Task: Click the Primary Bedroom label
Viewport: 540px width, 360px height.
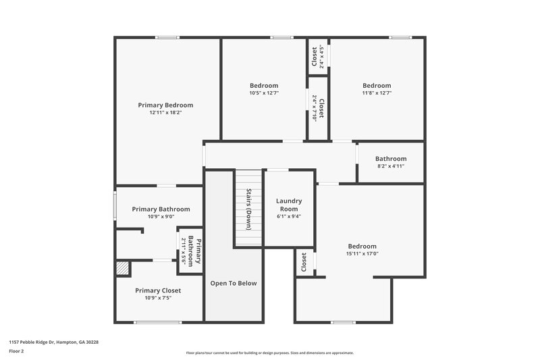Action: click(165, 105)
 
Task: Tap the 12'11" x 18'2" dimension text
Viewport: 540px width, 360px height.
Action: click(165, 113)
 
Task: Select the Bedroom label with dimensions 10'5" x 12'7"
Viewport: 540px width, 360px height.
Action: click(264, 85)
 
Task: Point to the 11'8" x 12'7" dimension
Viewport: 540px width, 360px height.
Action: click(377, 93)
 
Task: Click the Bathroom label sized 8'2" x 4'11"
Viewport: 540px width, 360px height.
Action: click(391, 159)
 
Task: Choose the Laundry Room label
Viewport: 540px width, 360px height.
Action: click(289, 205)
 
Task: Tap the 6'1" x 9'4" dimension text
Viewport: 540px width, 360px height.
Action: click(289, 216)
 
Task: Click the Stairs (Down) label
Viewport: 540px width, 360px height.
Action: click(248, 209)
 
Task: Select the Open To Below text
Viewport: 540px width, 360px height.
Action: click(233, 283)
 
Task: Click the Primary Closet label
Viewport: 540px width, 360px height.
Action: click(158, 290)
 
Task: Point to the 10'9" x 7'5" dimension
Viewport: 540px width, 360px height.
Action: click(158, 298)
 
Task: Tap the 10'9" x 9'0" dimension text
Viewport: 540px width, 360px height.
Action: click(161, 217)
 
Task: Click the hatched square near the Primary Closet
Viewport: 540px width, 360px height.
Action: click(122, 268)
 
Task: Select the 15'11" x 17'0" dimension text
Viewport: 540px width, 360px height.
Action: click(362, 254)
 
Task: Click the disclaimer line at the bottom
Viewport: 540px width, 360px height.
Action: click(269, 353)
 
